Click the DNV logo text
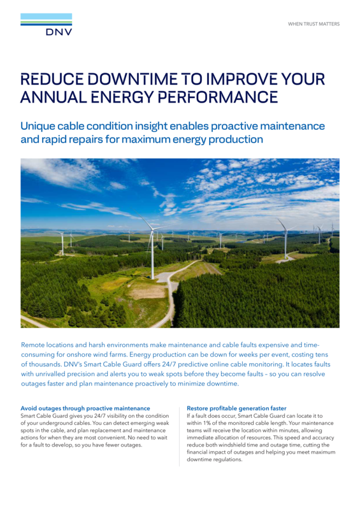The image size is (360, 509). point(59,32)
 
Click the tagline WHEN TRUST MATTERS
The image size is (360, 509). point(313,24)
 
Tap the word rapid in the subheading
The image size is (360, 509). point(55,139)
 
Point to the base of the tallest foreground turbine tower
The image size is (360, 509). point(152,278)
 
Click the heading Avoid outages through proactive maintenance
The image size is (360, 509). point(85,408)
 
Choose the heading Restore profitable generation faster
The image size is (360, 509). point(236,408)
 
